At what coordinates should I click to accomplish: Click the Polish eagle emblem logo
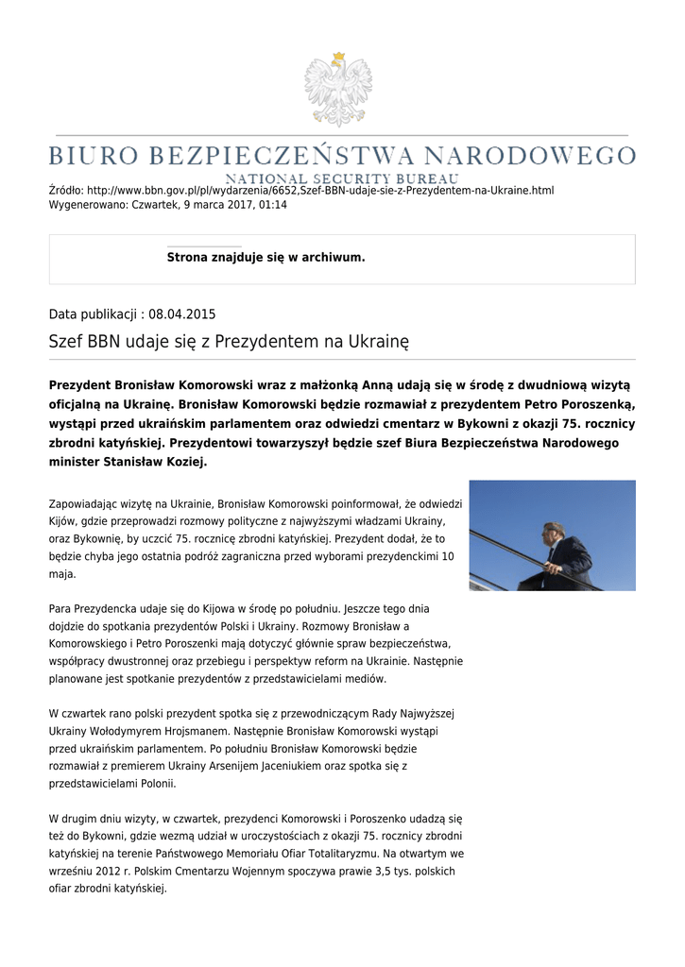coord(338,90)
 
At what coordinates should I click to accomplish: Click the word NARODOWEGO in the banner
coord(530,155)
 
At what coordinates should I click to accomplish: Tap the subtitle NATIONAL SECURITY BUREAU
coord(342,178)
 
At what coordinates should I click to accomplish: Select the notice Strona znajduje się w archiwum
coord(265,257)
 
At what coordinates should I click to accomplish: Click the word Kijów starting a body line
coord(62,521)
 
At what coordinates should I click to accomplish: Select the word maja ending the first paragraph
coord(61,574)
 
